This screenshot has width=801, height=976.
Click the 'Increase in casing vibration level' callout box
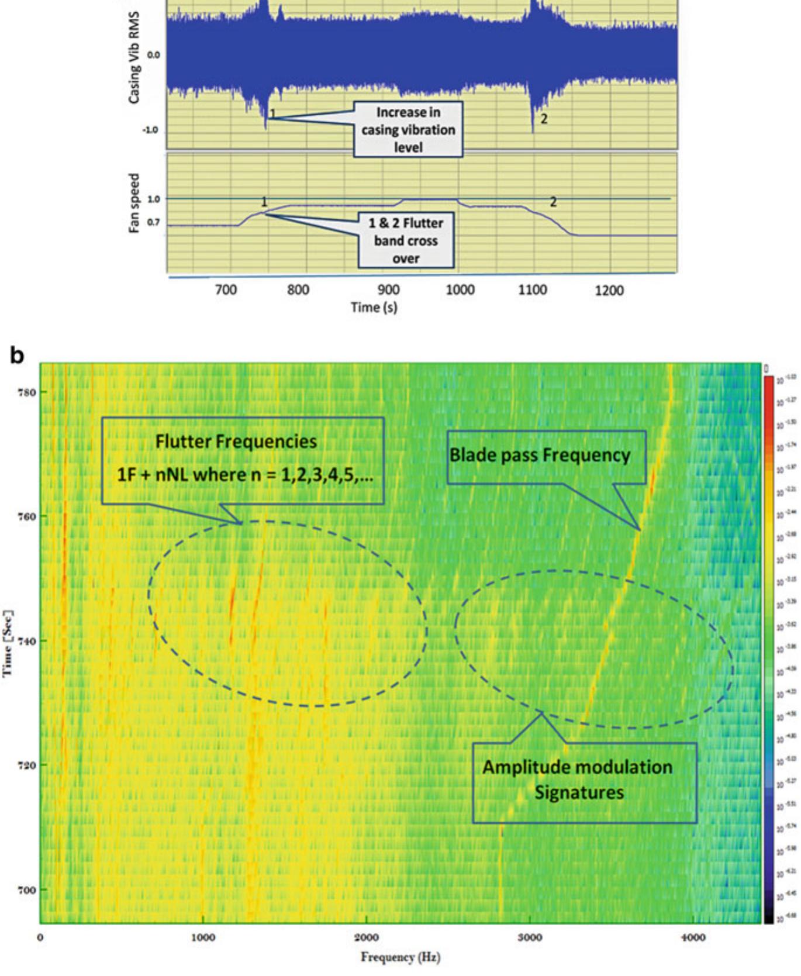point(408,129)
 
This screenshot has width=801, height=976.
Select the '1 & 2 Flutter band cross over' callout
point(406,240)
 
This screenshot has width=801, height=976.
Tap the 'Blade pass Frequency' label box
point(546,456)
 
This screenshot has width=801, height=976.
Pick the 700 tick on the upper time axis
point(226,290)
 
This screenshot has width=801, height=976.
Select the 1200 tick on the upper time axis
point(609,291)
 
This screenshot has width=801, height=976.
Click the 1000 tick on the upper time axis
point(460,290)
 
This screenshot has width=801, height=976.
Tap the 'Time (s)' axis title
point(374,307)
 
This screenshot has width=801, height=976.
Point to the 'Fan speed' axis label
point(134,204)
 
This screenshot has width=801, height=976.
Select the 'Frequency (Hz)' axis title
point(400,957)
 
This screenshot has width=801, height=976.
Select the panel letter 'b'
point(18,355)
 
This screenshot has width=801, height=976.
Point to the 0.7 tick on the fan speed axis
point(153,223)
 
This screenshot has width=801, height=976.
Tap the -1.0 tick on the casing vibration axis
point(151,130)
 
